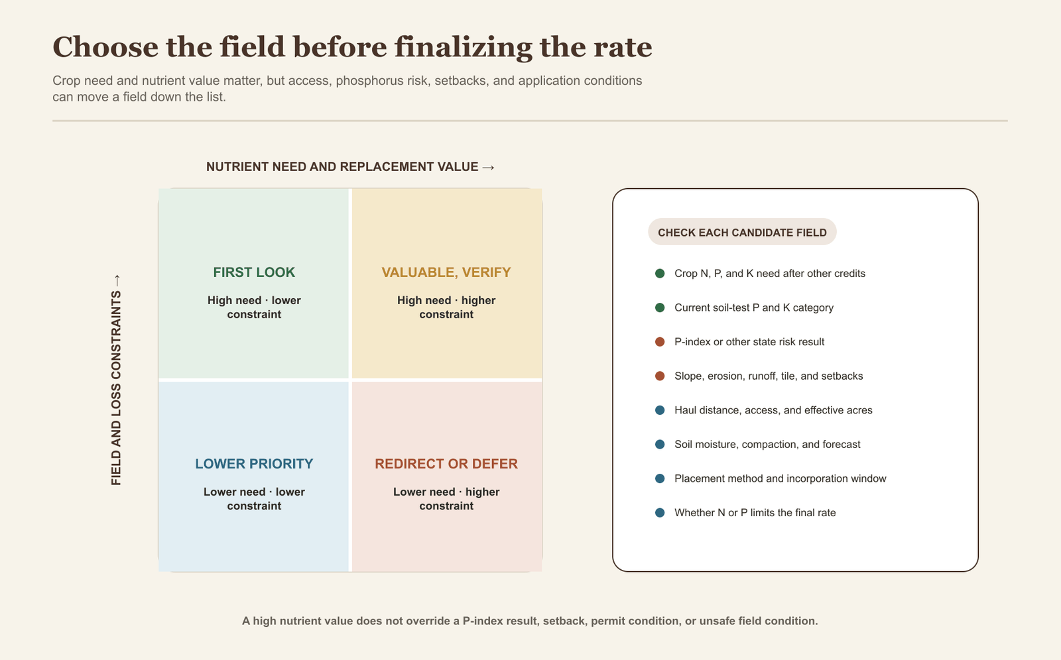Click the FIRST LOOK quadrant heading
pyautogui.click(x=254, y=272)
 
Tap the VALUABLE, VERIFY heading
pyautogui.click(x=446, y=272)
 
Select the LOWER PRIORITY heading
pyautogui.click(x=254, y=463)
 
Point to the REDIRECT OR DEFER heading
pyautogui.click(x=446, y=463)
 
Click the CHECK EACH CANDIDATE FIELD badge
pyautogui.click(x=742, y=232)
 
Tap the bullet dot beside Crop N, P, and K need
pyautogui.click(x=660, y=273)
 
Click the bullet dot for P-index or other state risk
pyautogui.click(x=660, y=342)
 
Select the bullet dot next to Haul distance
pyautogui.click(x=660, y=410)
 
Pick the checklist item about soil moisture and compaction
pyautogui.click(x=767, y=444)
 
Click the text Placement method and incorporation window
pyautogui.click(x=780, y=478)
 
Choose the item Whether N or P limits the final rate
pyautogui.click(x=755, y=512)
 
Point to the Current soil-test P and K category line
pyautogui.click(x=754, y=307)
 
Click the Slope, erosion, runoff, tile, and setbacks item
pyautogui.click(x=769, y=376)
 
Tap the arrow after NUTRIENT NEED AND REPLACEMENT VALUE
pyautogui.click(x=488, y=167)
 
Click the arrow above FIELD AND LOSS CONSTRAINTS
pyautogui.click(x=117, y=280)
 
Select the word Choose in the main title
pyautogui.click(x=105, y=47)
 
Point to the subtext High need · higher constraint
pyautogui.click(x=446, y=307)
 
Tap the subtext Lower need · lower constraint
pyautogui.click(x=254, y=498)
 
